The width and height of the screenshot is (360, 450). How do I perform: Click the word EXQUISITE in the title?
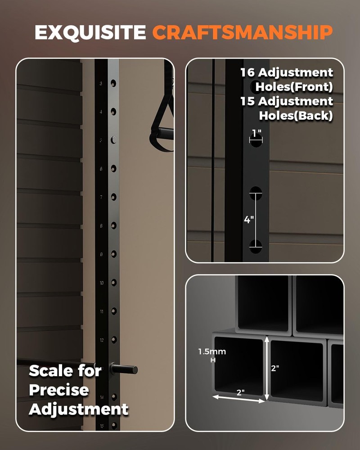(x=90, y=32)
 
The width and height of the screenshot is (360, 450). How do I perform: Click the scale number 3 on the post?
(x=101, y=84)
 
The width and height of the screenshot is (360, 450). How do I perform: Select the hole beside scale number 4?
(x=113, y=112)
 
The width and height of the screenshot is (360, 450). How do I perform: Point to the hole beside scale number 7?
(x=113, y=197)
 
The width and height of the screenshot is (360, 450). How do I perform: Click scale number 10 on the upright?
(x=101, y=283)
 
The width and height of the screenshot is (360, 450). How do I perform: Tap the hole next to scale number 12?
(x=113, y=339)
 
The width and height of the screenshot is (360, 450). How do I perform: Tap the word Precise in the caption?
(x=58, y=390)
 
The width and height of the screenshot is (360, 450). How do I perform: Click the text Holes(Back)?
(x=296, y=116)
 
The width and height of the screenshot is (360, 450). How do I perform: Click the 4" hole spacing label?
(x=248, y=220)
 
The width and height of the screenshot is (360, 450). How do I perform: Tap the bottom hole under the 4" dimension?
(x=256, y=246)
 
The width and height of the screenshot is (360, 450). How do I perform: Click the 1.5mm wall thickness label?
(x=212, y=351)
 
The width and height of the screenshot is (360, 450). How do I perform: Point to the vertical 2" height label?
(x=275, y=368)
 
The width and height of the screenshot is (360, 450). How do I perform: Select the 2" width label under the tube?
(x=240, y=392)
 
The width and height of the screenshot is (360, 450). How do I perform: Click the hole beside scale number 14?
(x=113, y=396)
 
